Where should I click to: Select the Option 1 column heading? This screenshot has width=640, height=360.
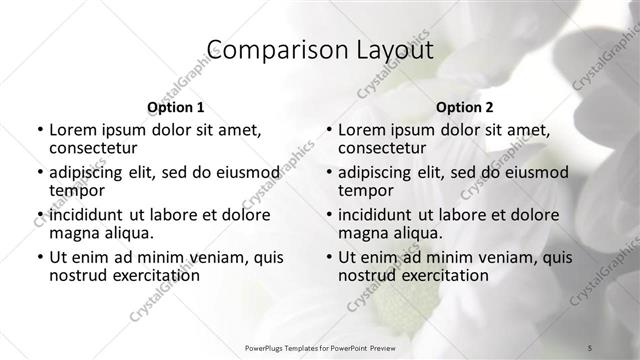click(175, 107)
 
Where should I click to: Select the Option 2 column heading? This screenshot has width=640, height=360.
click(464, 107)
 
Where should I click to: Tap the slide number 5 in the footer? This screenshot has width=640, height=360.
click(590, 346)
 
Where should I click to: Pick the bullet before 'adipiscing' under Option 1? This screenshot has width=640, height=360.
click(40, 172)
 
